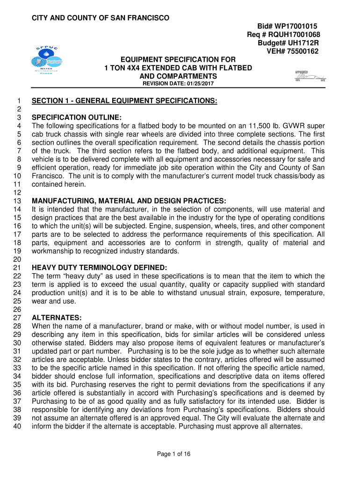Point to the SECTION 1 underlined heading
point(124,101)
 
